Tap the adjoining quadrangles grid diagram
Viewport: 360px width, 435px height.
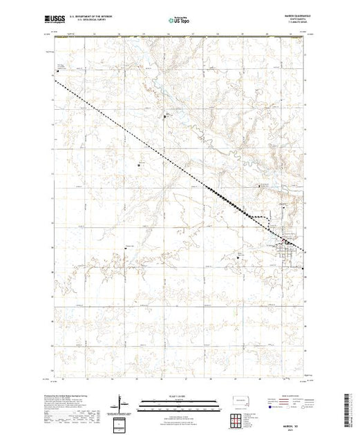(241, 420)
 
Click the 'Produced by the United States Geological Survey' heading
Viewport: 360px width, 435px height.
(73, 394)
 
